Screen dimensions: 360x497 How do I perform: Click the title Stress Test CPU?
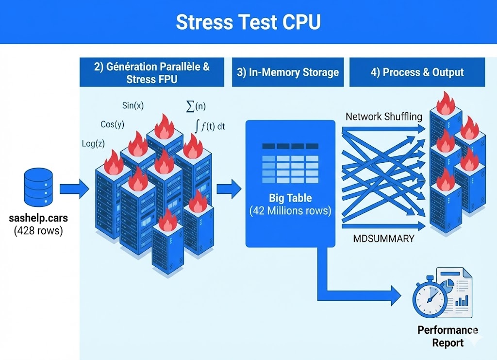tap(248, 22)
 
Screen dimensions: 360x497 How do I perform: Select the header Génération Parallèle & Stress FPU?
tap(152, 72)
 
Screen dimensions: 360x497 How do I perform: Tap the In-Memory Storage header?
tap(288, 72)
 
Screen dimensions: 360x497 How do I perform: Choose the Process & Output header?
tap(417, 72)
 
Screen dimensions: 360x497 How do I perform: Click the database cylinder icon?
tap(38, 188)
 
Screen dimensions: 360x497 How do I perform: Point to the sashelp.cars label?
tap(38, 218)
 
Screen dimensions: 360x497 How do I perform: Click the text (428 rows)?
tap(38, 230)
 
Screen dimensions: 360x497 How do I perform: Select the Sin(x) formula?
tap(133, 105)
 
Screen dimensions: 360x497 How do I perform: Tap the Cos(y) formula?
tap(112, 124)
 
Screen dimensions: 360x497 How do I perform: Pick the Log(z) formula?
tap(93, 143)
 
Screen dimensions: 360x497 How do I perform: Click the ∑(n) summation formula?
tap(197, 106)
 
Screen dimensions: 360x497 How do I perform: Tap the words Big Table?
tap(290, 198)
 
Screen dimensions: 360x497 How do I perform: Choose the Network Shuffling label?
tap(384, 117)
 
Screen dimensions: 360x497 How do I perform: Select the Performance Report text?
tap(447, 336)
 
